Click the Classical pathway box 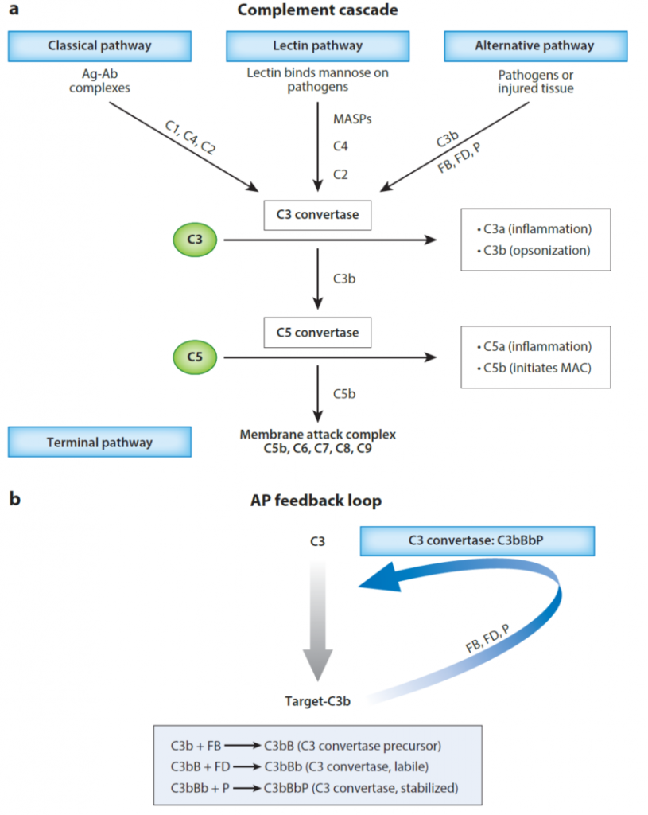click(x=99, y=45)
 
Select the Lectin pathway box click(x=316, y=45)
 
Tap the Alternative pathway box click(x=534, y=45)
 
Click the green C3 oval click(x=194, y=240)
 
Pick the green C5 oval click(x=194, y=357)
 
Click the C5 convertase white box click(x=317, y=332)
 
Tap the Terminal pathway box click(x=99, y=442)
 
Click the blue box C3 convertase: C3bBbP click(x=476, y=540)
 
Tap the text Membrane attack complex click(x=317, y=435)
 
